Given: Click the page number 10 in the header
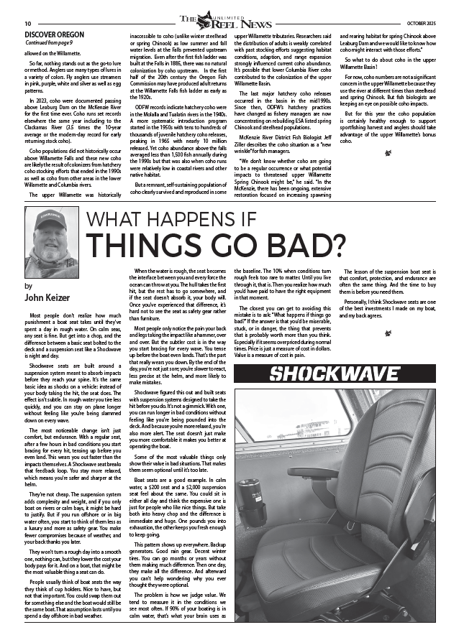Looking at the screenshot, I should click(x=27, y=24).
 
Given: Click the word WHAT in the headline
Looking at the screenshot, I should click(x=112, y=218).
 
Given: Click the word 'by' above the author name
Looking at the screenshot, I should click(x=28, y=286).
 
